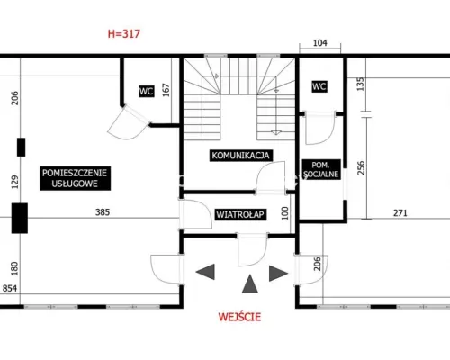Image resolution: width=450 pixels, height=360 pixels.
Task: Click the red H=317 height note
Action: coord(124,33)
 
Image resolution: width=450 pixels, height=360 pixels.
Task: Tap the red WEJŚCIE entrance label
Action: coord(239,317)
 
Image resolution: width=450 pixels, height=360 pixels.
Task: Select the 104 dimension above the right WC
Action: coord(320,43)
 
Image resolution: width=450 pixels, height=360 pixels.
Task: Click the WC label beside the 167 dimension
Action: coord(147,91)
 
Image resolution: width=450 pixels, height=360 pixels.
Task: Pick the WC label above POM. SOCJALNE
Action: coord(319,86)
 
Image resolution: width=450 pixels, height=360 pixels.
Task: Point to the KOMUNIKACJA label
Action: coord(241,156)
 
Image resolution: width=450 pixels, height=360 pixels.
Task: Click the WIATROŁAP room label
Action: coord(240,214)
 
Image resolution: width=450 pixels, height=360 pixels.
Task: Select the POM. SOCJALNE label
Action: coord(321,169)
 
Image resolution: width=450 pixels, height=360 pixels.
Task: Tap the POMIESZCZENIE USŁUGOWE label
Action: coord(75,178)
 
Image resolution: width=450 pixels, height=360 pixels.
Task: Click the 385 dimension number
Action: coord(103,212)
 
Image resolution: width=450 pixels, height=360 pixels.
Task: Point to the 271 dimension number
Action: coord(400,213)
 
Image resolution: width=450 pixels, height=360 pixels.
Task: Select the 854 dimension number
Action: coord(10,288)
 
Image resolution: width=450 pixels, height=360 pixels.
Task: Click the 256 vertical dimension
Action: coord(361,167)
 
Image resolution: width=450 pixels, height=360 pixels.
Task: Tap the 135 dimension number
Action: coord(361,85)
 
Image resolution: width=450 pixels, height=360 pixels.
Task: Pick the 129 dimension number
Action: coord(14,182)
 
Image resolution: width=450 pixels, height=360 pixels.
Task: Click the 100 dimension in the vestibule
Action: coord(285,213)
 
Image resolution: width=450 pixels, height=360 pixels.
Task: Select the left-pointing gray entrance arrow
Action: coord(205,272)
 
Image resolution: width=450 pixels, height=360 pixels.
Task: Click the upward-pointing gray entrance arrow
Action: coord(250,283)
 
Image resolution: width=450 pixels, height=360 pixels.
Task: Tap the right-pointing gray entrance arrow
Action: coord(279,274)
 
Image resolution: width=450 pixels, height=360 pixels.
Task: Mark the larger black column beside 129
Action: coord(20,218)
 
